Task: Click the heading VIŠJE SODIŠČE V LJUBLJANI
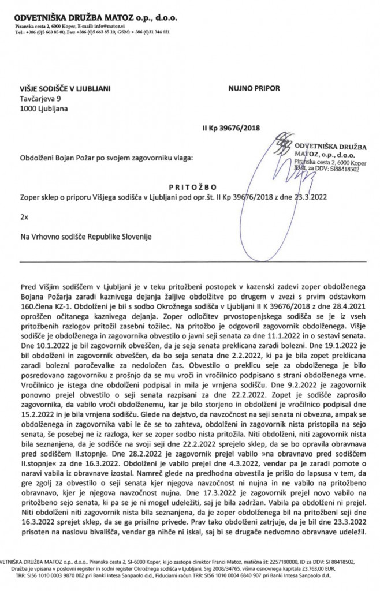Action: click(x=65, y=89)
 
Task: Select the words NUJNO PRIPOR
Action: click(x=254, y=89)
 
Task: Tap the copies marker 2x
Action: click(x=24, y=217)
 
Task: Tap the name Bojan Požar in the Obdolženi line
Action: click(x=81, y=157)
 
